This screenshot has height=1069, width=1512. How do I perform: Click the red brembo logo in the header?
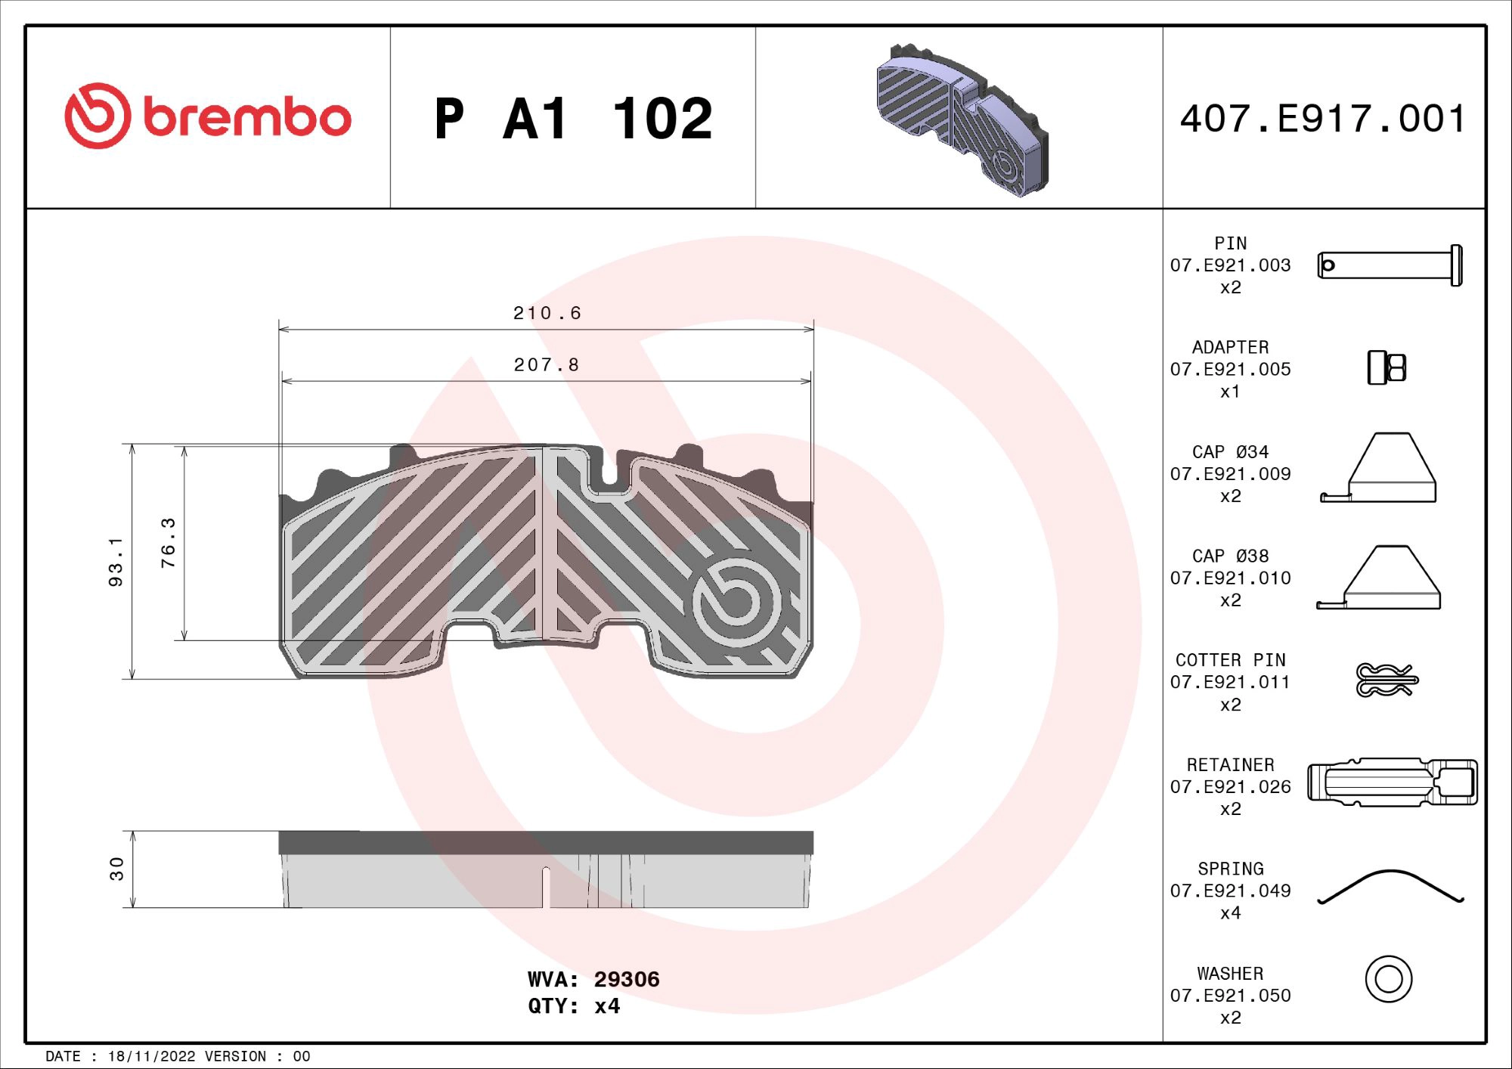pos(208,116)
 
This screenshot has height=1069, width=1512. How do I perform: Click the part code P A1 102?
pos(573,119)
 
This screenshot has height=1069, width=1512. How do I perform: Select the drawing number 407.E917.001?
pos(1323,119)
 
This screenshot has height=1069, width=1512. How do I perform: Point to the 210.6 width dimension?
pos(547,313)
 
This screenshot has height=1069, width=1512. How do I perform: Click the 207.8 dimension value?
pos(547,365)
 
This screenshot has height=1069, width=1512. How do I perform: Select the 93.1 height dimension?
pos(115,562)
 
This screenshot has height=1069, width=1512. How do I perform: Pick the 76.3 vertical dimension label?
pos(168,543)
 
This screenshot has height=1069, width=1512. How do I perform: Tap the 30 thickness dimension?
pos(116,869)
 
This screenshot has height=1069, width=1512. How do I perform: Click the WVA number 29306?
pos(626,979)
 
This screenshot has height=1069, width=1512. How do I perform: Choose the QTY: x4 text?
pos(574,1006)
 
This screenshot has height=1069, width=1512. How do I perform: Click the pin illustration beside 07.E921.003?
pos(1390,265)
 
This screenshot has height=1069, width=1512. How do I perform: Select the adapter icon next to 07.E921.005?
pos(1387,368)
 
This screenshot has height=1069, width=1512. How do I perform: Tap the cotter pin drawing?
pos(1387,680)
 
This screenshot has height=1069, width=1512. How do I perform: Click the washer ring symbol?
pos(1388,979)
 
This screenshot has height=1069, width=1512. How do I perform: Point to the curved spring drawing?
pos(1390,886)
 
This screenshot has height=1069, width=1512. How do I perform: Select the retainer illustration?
pos(1392,782)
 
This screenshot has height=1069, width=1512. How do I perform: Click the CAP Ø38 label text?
pos(1230,556)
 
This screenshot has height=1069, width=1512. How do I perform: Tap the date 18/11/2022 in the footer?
pos(151,1056)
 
